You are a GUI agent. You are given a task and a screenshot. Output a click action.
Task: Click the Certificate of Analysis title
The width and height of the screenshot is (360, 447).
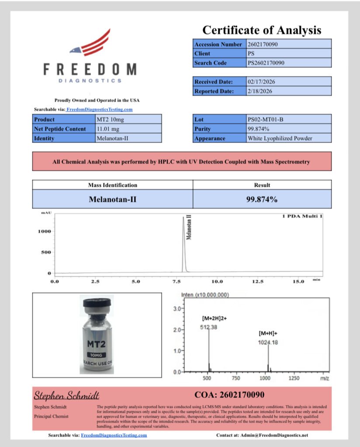(262, 30)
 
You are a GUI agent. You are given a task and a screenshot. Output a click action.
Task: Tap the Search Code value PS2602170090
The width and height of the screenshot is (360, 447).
(266, 63)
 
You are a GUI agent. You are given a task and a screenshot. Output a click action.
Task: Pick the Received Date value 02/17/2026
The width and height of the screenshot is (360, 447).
(262, 82)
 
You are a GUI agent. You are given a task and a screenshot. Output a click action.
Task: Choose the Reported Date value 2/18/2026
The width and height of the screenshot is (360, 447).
(260, 91)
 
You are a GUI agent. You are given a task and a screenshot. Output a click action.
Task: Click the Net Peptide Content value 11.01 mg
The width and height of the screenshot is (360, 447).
(109, 129)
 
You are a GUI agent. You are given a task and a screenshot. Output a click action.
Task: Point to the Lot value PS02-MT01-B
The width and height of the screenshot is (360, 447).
(265, 119)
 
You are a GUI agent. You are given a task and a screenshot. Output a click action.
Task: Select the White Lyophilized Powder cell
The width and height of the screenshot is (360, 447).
(280, 138)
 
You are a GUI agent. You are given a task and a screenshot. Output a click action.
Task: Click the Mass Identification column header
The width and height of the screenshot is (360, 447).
(112, 185)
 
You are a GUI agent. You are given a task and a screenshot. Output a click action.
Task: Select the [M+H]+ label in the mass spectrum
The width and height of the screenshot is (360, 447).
(267, 334)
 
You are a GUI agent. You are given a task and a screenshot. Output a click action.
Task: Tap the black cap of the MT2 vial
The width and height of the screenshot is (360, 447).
(97, 303)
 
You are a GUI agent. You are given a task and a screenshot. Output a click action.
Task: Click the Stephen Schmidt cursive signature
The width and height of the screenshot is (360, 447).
(67, 396)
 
